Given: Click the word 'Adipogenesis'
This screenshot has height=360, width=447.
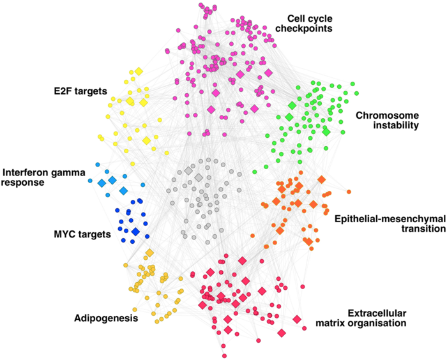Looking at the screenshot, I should [x=106, y=317].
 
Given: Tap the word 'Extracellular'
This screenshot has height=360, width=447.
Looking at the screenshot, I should [x=377, y=313].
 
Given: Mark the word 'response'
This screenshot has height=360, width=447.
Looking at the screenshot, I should [x=22, y=183].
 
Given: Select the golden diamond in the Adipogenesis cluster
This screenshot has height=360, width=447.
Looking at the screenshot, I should [x=149, y=253].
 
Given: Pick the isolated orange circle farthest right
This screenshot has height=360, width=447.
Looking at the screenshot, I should [x=349, y=191].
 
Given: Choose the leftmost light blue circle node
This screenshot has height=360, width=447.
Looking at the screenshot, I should [x=98, y=164].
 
